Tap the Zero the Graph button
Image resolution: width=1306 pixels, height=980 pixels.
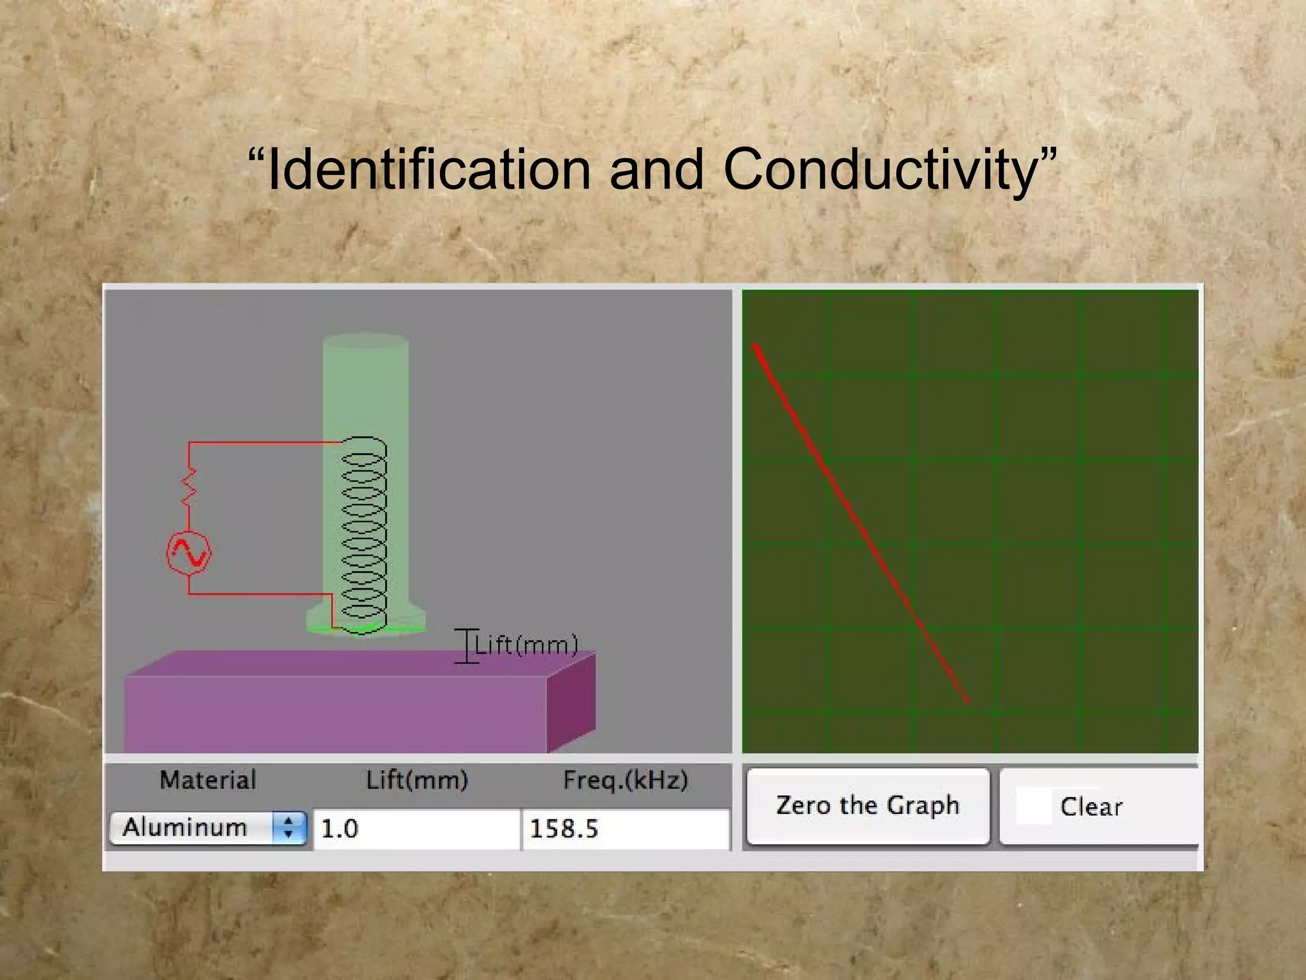coord(867,806)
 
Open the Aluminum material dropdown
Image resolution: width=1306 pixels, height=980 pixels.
coord(208,828)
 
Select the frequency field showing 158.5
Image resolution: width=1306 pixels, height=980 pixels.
coord(625,829)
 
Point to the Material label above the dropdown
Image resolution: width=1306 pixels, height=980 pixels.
coord(208,780)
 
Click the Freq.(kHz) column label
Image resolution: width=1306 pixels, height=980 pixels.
coord(625,780)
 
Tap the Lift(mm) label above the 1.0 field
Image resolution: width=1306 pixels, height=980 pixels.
coord(417,780)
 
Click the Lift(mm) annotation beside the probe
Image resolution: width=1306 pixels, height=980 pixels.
coord(527,645)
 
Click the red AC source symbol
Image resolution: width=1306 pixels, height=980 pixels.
coord(189,553)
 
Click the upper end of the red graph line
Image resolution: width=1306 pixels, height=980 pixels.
coord(757,348)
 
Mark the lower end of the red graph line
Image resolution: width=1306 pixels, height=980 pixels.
coord(966,699)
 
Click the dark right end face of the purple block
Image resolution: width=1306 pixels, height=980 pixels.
coord(571,702)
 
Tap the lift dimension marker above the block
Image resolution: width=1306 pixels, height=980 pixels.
coord(467,646)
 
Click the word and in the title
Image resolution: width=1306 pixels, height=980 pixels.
coord(657,170)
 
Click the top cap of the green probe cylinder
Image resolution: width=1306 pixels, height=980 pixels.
coord(365,341)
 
